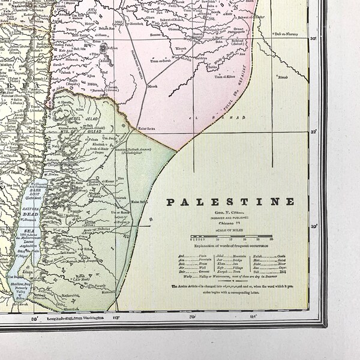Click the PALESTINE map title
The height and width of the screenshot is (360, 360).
pos(230,202)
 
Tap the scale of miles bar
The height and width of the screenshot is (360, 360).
pos(231,238)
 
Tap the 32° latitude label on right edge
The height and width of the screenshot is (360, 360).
pos(313,132)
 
